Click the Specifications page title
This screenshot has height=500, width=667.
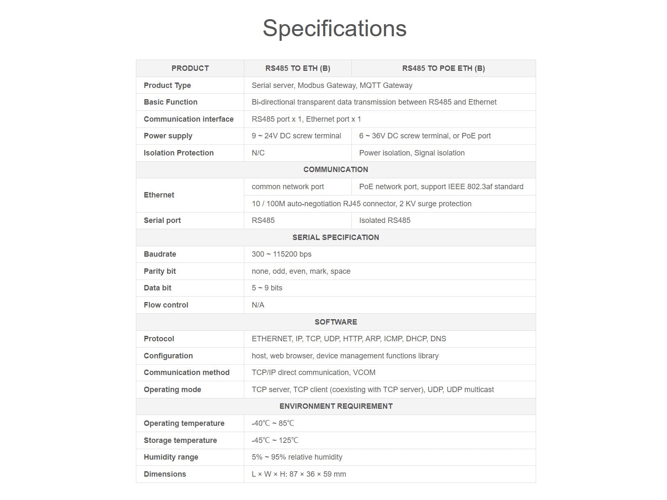(x=334, y=28)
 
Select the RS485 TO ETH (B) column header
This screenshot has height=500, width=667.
(x=298, y=68)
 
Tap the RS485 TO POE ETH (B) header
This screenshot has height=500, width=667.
(x=443, y=68)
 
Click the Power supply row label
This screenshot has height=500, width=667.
(x=168, y=136)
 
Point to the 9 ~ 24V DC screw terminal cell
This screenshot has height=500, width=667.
(x=296, y=136)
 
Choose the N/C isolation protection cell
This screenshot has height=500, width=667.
(x=258, y=153)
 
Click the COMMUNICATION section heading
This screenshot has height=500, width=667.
(x=336, y=170)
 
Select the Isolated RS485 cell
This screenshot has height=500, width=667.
(x=385, y=220)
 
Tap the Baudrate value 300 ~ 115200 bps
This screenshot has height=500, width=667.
(x=281, y=254)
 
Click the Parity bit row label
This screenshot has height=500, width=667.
(x=160, y=271)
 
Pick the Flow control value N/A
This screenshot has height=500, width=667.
(x=258, y=305)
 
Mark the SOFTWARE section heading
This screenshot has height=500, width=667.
(x=336, y=322)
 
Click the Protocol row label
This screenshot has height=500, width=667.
(x=159, y=339)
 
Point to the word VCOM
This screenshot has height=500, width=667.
(x=364, y=372)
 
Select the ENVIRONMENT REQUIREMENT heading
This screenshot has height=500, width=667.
(x=336, y=406)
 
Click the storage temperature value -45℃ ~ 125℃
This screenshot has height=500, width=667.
(x=275, y=440)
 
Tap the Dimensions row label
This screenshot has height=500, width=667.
(x=165, y=474)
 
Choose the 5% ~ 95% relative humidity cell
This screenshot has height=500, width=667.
(x=297, y=457)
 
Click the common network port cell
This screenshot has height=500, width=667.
(x=288, y=187)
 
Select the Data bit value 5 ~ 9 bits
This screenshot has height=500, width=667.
(x=267, y=288)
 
